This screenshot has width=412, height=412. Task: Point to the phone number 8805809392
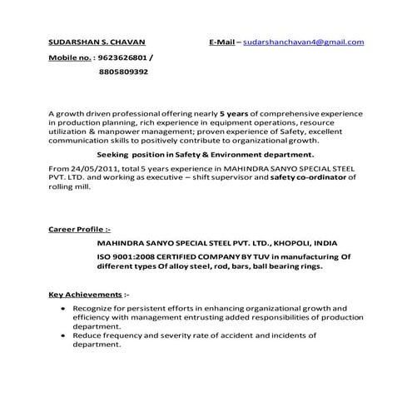pos(124,72)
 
